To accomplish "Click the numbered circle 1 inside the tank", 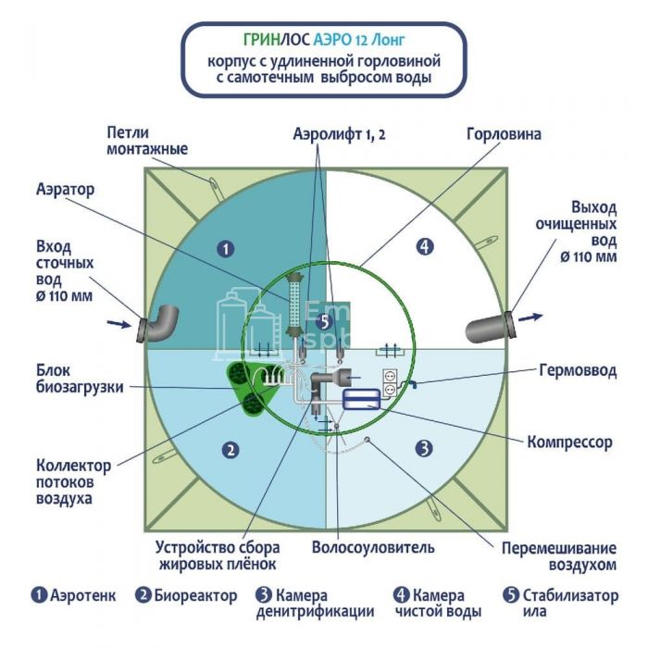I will pos(222,247).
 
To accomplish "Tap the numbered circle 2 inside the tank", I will pos(229,450).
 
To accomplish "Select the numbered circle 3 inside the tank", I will pos(423,449).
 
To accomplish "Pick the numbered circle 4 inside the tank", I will pos(424,246).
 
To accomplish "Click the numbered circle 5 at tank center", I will pos(322,321).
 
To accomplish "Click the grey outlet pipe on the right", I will pos(490,325).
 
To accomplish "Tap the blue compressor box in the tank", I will pos(360,399).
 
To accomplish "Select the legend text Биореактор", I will pos(195,595).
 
